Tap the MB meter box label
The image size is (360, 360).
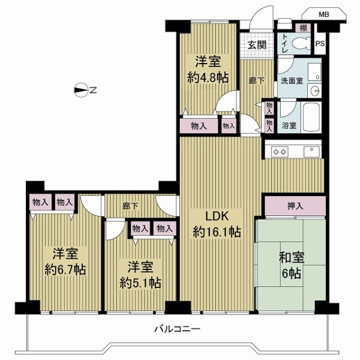(324, 14)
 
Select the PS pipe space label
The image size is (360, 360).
(320, 43)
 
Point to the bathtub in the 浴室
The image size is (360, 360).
(311, 118)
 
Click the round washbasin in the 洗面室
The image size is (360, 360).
(314, 91)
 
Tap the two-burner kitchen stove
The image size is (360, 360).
(280, 152)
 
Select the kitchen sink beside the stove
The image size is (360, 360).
(311, 152)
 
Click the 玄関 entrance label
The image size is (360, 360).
(257, 45)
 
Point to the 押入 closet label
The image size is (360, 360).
(295, 206)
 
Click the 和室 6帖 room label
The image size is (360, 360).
(292, 265)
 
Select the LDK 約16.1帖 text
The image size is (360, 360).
(217, 224)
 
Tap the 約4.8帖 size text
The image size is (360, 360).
(208, 77)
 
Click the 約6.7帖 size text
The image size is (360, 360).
(65, 269)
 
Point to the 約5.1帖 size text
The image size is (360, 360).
(140, 283)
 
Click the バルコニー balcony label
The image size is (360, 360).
(177, 329)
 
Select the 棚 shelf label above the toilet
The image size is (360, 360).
(303, 28)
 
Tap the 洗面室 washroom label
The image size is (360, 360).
(292, 81)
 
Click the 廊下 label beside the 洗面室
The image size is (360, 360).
(257, 80)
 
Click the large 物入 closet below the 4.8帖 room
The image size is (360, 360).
(199, 126)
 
